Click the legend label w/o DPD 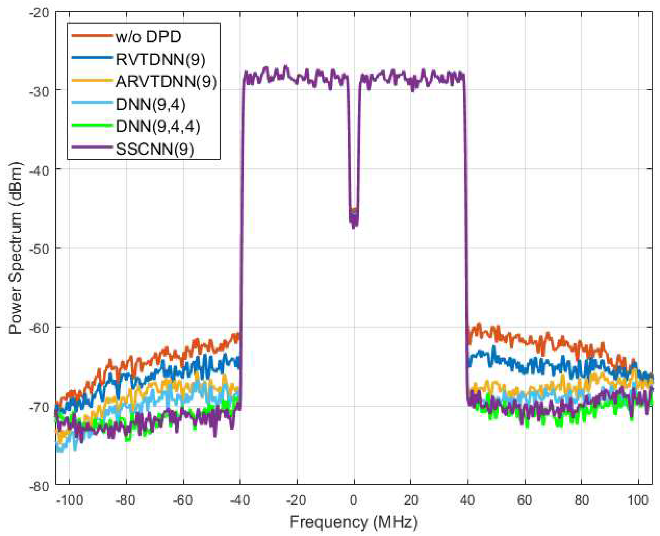coord(148,37)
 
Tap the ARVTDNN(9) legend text coord(166,82)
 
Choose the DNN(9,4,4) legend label coord(158,126)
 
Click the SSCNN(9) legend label coord(155,149)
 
